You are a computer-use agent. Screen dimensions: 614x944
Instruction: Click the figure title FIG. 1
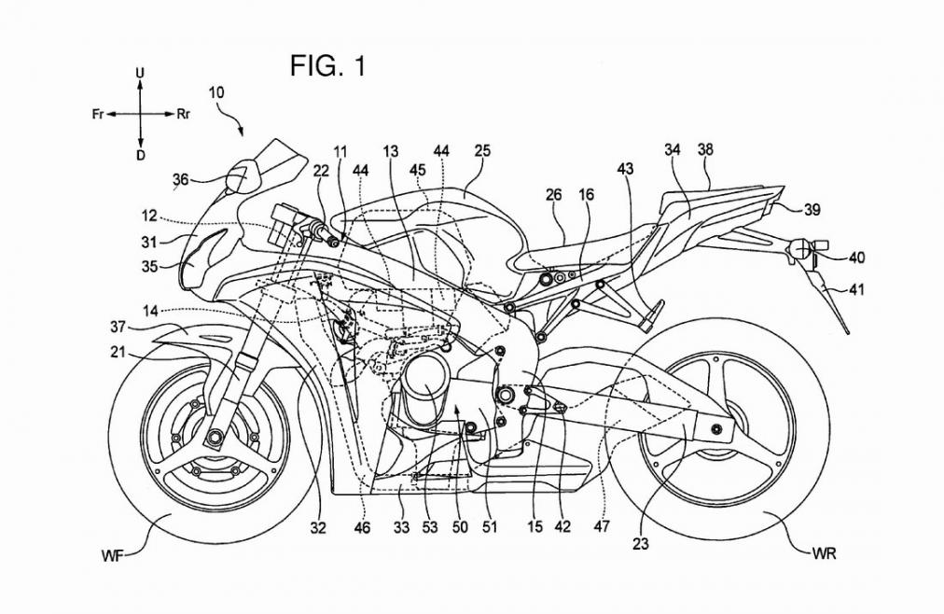(x=327, y=67)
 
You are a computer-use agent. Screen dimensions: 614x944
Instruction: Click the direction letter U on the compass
(x=140, y=72)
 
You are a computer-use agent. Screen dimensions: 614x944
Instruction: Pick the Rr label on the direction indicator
(x=184, y=114)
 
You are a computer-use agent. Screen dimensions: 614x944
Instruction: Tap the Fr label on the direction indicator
(x=97, y=114)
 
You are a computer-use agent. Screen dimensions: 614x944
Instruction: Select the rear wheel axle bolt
(x=716, y=428)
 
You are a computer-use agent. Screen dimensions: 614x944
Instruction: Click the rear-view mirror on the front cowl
(x=240, y=174)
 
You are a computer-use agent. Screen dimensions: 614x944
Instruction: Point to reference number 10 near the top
(x=216, y=92)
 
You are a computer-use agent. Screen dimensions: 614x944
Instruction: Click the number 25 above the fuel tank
(x=481, y=149)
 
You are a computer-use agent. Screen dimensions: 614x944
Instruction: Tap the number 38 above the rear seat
(x=706, y=149)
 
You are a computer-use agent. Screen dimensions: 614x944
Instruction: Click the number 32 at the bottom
(x=319, y=528)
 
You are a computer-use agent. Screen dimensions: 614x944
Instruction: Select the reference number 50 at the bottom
(x=460, y=528)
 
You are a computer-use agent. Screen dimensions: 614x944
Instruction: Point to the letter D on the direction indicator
(x=140, y=156)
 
